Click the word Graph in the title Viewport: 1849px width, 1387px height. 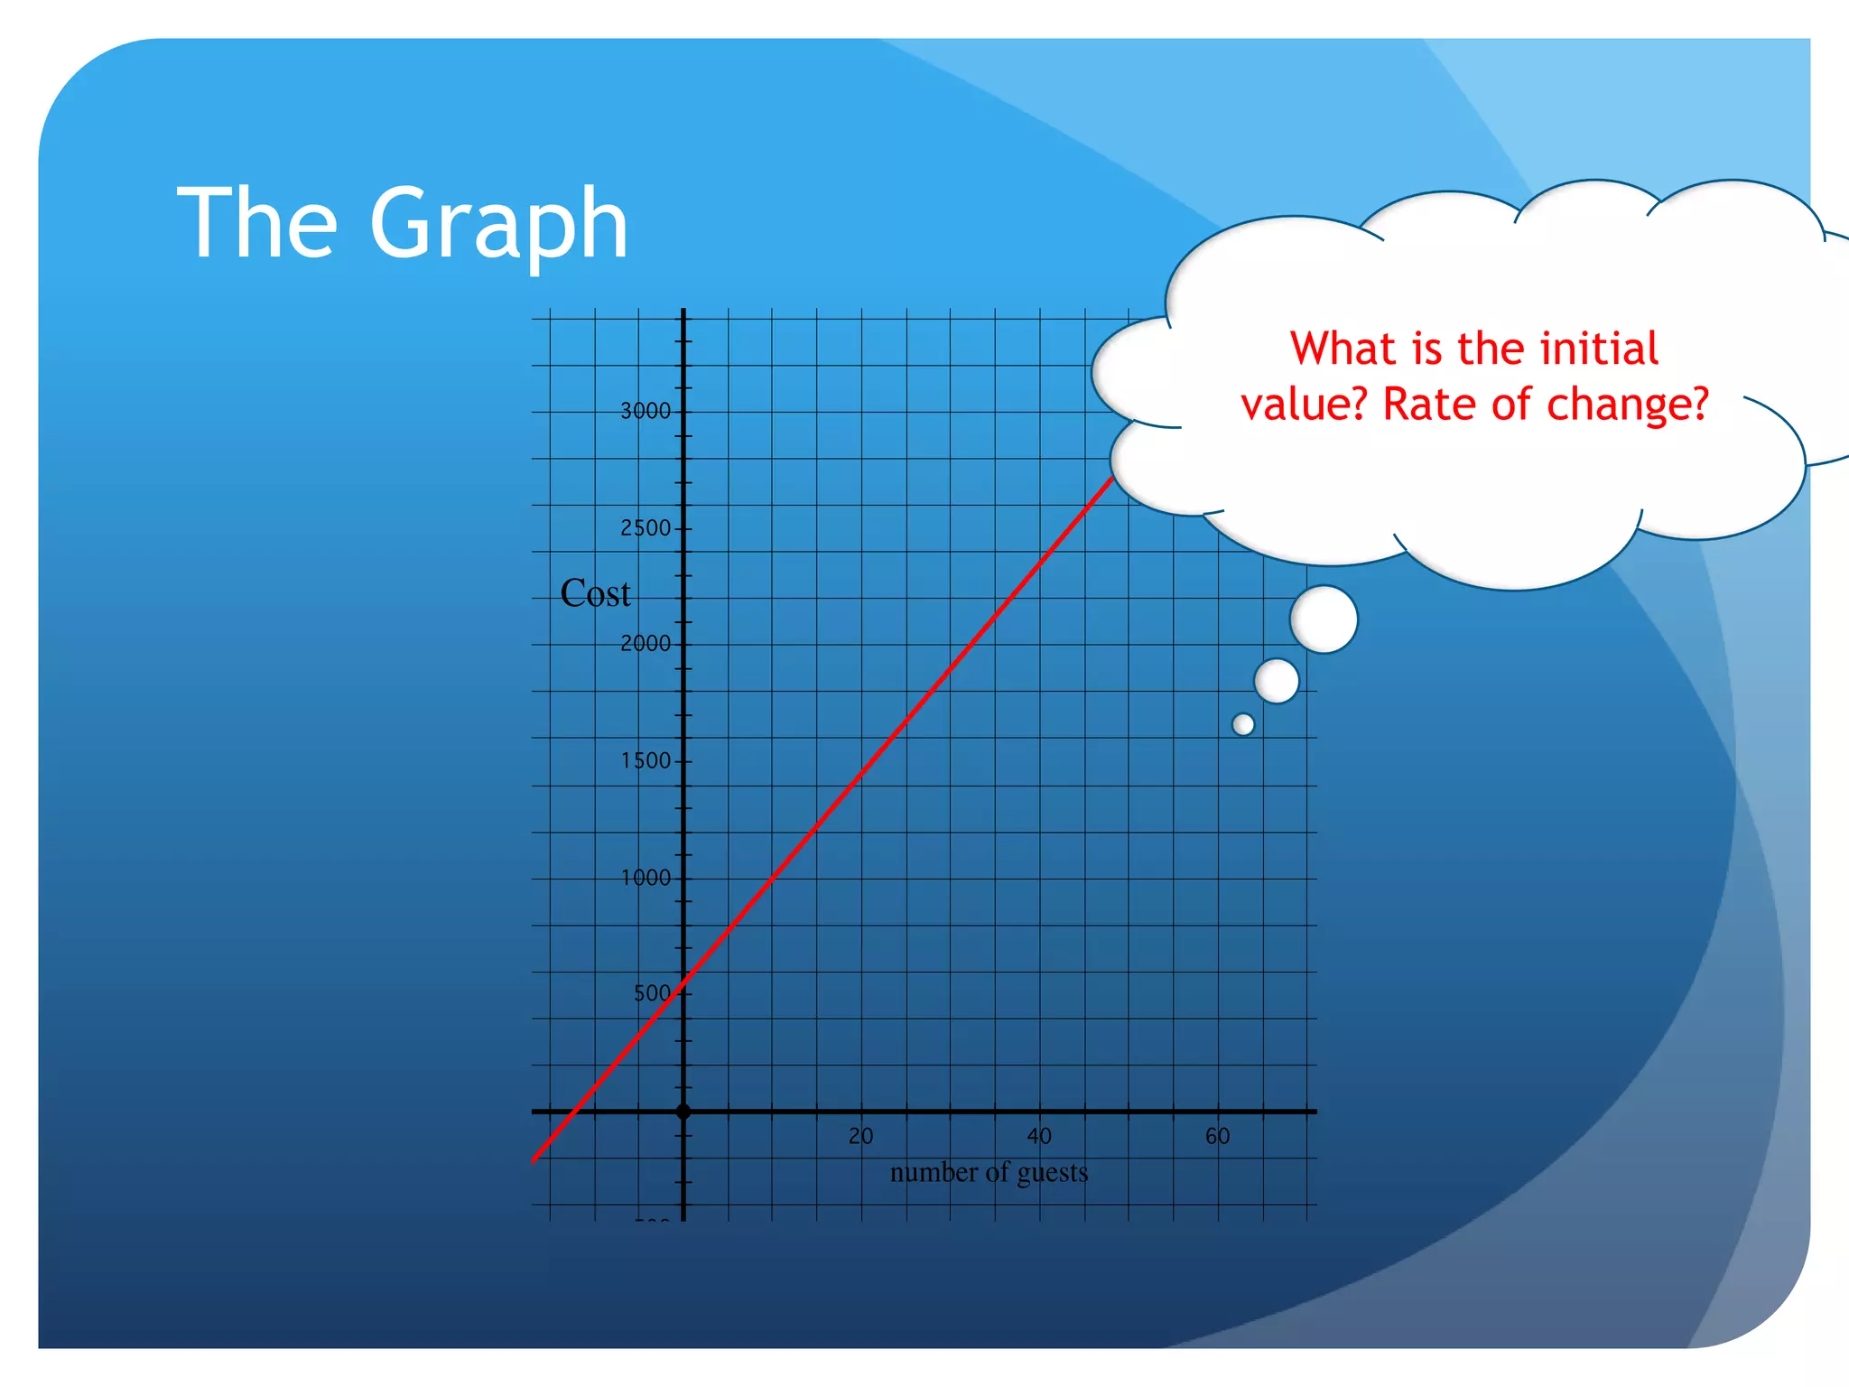pyautogui.click(x=498, y=224)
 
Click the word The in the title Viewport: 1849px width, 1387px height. pyautogui.click(x=257, y=222)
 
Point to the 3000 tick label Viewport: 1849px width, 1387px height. pyautogui.click(x=646, y=412)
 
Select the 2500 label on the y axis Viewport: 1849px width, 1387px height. pyautogui.click(x=646, y=528)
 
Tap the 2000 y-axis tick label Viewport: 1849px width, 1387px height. pyautogui.click(x=646, y=644)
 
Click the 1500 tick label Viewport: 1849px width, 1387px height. pyautogui.click(x=646, y=761)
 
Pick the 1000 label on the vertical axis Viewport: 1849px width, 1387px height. pyautogui.click(x=646, y=878)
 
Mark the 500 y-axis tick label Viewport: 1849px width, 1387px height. pyautogui.click(x=652, y=994)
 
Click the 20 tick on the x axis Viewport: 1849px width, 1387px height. pyautogui.click(x=860, y=1137)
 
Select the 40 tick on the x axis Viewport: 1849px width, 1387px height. pyautogui.click(x=1039, y=1137)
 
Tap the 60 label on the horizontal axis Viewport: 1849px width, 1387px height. pyautogui.click(x=1218, y=1137)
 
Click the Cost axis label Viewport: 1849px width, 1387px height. pyautogui.click(x=595, y=594)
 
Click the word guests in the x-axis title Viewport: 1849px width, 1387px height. pyautogui.click(x=1053, y=1173)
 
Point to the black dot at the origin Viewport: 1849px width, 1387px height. pyautogui.click(x=683, y=1112)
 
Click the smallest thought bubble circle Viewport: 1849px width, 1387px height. pyautogui.click(x=1243, y=724)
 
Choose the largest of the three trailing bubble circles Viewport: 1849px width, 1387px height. pyautogui.click(x=1324, y=619)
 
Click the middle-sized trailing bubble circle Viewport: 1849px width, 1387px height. pyautogui.click(x=1277, y=681)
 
